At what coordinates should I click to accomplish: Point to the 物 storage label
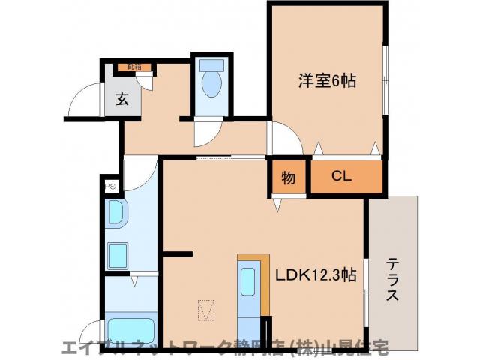pyautogui.click(x=288, y=178)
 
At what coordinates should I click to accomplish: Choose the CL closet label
pyautogui.click(x=342, y=177)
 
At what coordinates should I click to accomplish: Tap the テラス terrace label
pyautogui.click(x=392, y=280)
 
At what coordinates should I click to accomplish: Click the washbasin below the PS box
pyautogui.click(x=116, y=214)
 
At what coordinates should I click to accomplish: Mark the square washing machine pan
pyautogui.click(x=118, y=256)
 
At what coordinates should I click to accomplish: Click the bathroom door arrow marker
pyautogui.click(x=133, y=281)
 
